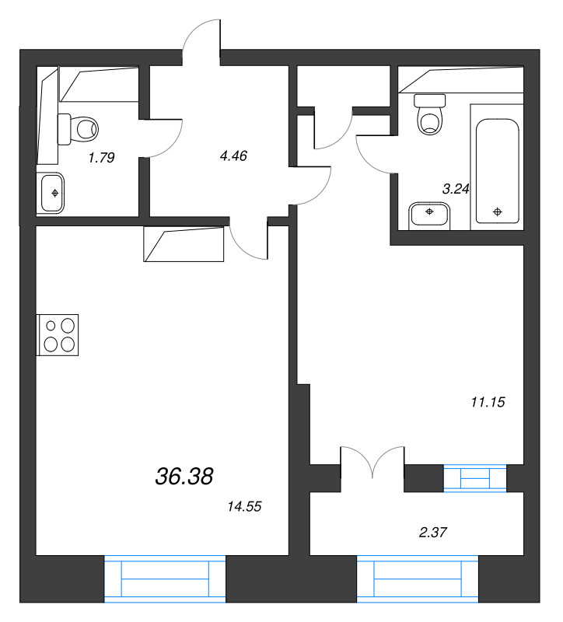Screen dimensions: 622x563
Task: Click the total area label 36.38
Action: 184,476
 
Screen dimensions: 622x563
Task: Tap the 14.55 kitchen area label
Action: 243,506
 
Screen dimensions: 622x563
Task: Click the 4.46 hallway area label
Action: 233,155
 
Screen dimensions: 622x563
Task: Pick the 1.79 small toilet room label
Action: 101,158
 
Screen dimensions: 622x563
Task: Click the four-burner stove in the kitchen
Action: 58,334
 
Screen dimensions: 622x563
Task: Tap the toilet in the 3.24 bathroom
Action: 429,113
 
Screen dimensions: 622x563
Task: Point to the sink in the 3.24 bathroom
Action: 429,214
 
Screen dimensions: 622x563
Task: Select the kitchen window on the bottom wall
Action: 165,578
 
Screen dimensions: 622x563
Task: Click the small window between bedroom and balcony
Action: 474,477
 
